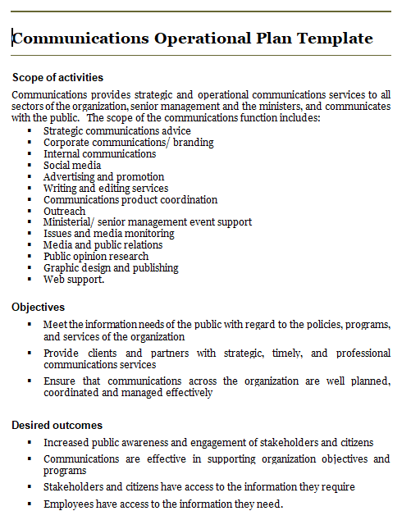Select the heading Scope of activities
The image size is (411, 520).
tap(57, 77)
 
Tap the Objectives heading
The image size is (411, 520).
tap(38, 307)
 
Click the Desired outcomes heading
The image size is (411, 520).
tap(57, 425)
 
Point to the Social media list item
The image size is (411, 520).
tap(72, 165)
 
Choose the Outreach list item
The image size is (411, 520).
tap(64, 211)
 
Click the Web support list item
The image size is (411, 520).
tap(74, 279)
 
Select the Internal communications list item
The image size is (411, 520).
tap(99, 153)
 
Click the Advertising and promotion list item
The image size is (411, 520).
tap(103, 176)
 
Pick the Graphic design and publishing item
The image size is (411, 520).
tap(111, 267)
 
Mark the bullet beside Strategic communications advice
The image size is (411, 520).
tap(29, 130)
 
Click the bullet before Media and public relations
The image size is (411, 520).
tap(29, 244)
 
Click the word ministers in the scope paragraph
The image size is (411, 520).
tap(305, 106)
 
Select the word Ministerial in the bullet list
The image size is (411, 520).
tap(71, 221)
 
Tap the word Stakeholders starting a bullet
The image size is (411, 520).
tap(75, 486)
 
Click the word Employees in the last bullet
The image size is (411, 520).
tap(70, 503)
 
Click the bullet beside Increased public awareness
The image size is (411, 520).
tap(29, 442)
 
